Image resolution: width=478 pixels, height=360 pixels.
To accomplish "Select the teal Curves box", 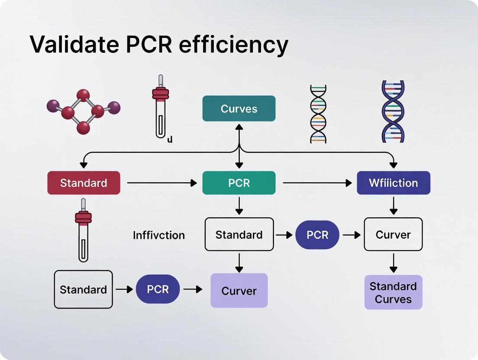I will pyautogui.click(x=239, y=109).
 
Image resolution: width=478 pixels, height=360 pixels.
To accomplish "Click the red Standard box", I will pyautogui.click(x=84, y=183).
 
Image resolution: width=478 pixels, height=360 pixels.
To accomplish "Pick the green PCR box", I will pyautogui.click(x=239, y=183).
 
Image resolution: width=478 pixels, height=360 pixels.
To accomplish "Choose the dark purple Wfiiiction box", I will pyautogui.click(x=393, y=183).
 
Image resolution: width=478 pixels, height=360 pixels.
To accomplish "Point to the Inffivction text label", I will pyautogui.click(x=159, y=235).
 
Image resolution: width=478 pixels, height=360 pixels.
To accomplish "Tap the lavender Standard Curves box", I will pyautogui.click(x=393, y=292).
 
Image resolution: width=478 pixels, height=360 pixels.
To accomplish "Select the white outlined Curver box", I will pyautogui.click(x=393, y=235).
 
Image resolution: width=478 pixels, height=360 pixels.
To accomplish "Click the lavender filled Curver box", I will pyautogui.click(x=239, y=291).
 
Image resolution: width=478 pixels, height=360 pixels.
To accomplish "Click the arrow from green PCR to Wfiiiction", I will pyautogui.click(x=317, y=183).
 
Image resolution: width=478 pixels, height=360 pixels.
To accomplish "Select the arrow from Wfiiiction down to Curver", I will pyautogui.click(x=393, y=206).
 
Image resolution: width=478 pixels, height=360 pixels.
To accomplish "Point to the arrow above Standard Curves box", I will pyautogui.click(x=393, y=263).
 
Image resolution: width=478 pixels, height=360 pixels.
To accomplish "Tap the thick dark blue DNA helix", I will pyautogui.click(x=393, y=111).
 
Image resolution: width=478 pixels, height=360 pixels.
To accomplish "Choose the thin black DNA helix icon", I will pyautogui.click(x=318, y=113).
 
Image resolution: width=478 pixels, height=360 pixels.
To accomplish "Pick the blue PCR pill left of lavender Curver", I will pyautogui.click(x=158, y=289).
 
